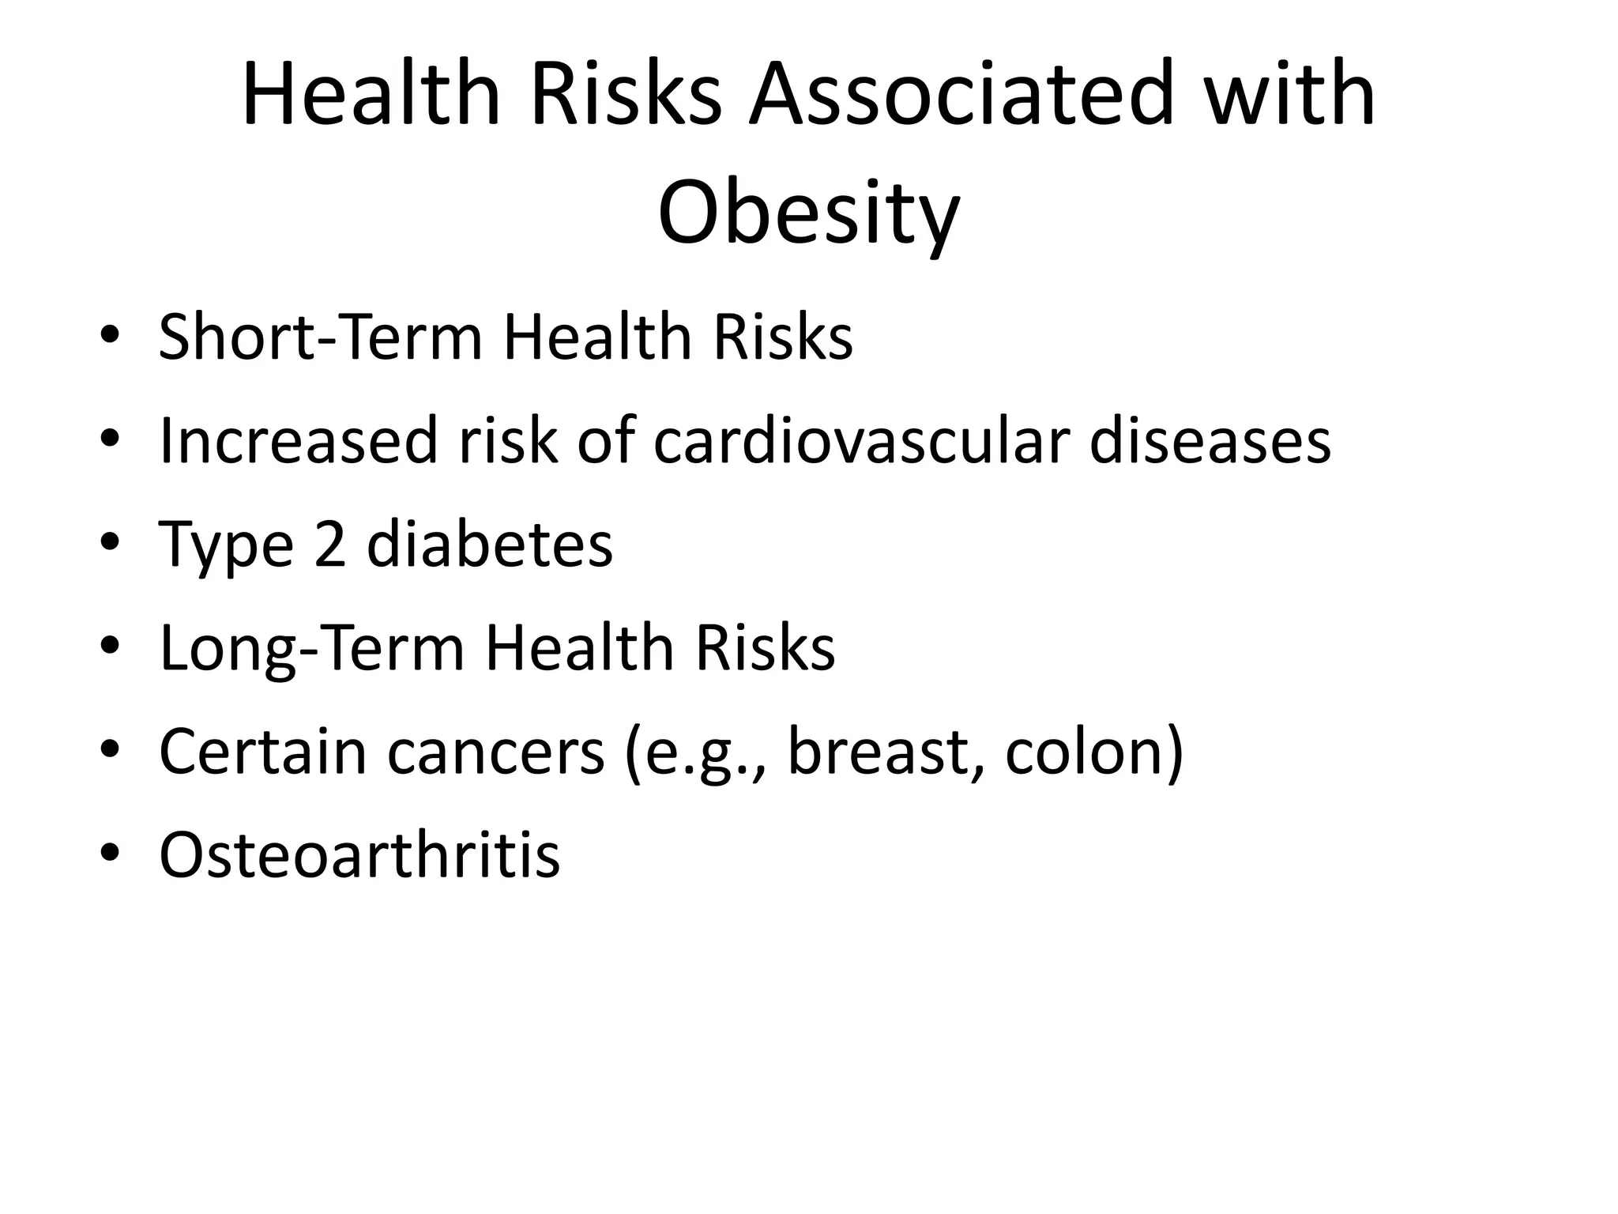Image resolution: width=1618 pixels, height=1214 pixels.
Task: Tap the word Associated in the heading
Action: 958,95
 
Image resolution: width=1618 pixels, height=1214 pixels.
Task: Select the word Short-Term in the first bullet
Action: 320,337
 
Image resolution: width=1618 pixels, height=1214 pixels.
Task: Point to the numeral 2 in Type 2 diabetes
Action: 330,545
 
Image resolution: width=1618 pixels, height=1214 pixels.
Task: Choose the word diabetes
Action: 490,545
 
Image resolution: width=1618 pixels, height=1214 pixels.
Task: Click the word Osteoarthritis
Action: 359,855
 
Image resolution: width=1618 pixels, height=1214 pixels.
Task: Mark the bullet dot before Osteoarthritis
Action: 110,853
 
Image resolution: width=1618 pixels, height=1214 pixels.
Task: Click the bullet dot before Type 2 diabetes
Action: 110,542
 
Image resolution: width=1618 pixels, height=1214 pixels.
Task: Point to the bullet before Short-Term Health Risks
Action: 110,335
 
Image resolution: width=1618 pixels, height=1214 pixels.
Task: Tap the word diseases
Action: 1210,441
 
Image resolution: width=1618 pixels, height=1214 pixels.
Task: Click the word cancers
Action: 496,752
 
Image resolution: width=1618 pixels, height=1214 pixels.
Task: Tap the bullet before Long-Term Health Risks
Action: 110,646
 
